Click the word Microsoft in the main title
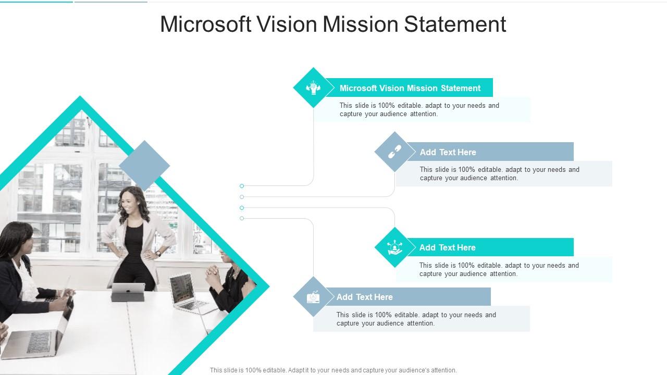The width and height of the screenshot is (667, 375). [x=206, y=24]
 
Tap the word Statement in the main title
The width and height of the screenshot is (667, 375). [x=455, y=24]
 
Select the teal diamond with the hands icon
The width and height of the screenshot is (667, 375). [x=313, y=87]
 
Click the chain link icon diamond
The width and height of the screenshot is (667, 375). [x=395, y=152]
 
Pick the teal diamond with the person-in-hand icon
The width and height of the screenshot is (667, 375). [x=395, y=247]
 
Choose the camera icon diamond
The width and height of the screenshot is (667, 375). [x=313, y=297]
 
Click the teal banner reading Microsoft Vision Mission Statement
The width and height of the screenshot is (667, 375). [x=410, y=88]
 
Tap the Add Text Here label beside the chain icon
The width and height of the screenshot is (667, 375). [x=448, y=153]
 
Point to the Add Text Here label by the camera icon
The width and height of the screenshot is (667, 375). [x=364, y=297]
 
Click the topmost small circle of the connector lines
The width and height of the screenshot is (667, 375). [x=242, y=186]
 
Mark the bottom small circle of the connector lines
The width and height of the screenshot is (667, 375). [x=242, y=218]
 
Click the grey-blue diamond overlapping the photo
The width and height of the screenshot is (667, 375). [x=144, y=166]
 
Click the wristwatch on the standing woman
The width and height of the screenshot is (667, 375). [x=158, y=253]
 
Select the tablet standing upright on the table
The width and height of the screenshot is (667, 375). [x=128, y=292]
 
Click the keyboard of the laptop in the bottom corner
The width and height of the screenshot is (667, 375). [x=38, y=343]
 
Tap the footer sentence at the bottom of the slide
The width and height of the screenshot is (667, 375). [x=333, y=370]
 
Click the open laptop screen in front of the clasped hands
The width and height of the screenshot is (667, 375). [x=182, y=289]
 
